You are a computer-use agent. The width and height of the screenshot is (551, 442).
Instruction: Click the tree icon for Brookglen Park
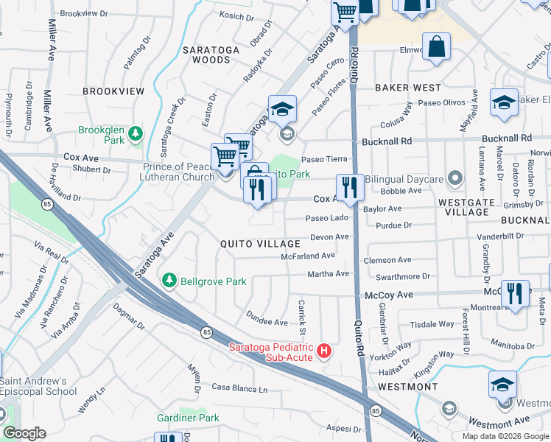pyautogui.click(x=135, y=133)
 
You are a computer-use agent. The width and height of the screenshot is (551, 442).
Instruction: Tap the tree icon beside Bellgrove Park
pyautogui.click(x=169, y=281)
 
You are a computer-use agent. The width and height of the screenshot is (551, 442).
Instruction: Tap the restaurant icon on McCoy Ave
pyautogui.click(x=515, y=292)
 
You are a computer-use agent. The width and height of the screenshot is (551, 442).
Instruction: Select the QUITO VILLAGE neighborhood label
pyautogui.click(x=260, y=244)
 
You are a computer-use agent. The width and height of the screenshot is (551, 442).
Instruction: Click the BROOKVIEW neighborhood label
pyautogui.click(x=113, y=91)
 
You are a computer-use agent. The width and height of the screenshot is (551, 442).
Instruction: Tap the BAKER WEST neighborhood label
pyautogui.click(x=407, y=88)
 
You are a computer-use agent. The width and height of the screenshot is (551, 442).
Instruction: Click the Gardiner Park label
pyautogui.click(x=188, y=418)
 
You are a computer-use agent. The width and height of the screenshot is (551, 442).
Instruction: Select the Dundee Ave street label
pyautogui.click(x=266, y=323)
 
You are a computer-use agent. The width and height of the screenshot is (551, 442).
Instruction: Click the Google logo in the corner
pyautogui.click(x=24, y=433)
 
